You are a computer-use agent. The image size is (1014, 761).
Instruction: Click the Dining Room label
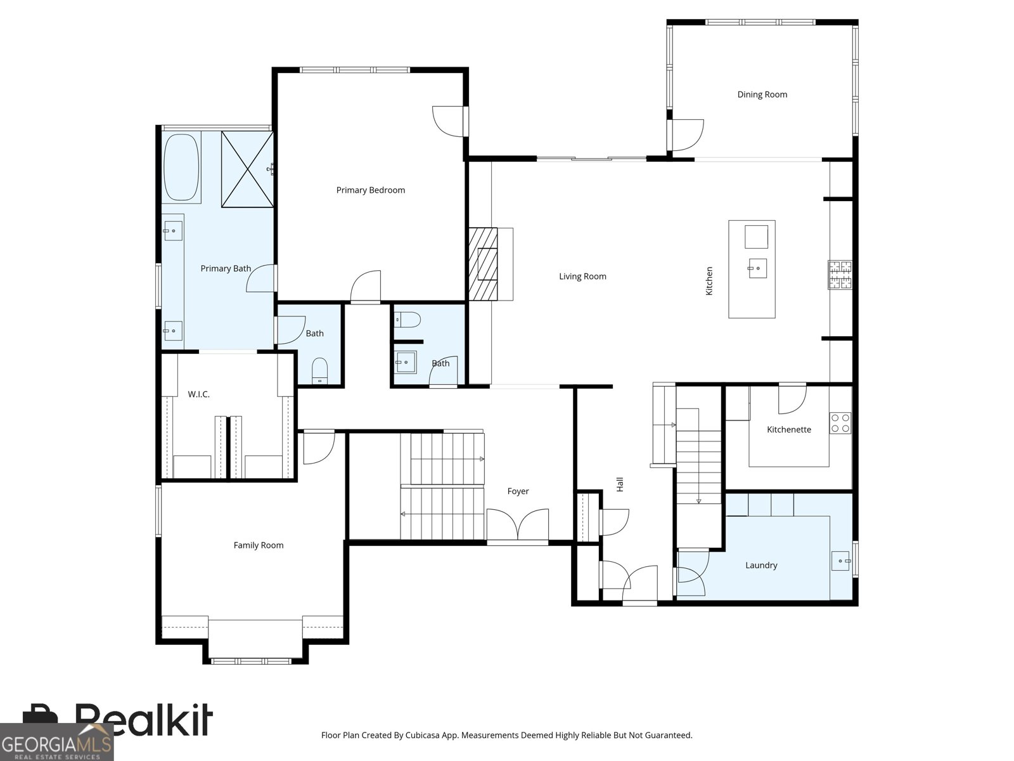pos(762,94)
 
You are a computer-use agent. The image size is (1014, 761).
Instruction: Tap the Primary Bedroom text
pos(371,190)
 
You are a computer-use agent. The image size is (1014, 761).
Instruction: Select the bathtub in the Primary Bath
pos(181,167)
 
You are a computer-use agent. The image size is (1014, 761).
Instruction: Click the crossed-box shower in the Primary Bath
pos(248,169)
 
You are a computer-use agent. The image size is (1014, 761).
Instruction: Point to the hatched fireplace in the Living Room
pos(483,264)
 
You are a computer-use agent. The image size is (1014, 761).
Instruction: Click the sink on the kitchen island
pos(757,268)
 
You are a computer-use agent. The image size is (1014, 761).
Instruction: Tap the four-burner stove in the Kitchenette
pos(840,423)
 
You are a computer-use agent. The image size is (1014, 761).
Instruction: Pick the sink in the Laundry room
pos(840,561)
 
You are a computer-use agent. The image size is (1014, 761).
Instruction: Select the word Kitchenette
pos(788,429)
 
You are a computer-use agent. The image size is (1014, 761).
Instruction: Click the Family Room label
pos(258,545)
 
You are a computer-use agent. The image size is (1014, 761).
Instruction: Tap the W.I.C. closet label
pos(198,394)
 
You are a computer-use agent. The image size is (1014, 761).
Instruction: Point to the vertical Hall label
pos(620,485)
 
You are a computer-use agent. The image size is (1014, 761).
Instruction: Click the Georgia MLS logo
pos(57,742)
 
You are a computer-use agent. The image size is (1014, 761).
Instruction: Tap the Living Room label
pos(582,276)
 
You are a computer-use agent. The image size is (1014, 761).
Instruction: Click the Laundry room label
pos(761,565)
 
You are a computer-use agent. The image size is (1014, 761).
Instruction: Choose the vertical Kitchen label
pos(709,281)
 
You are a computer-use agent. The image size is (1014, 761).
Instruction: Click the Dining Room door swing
pos(688,135)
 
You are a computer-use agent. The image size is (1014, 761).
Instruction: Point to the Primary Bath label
pos(226,268)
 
